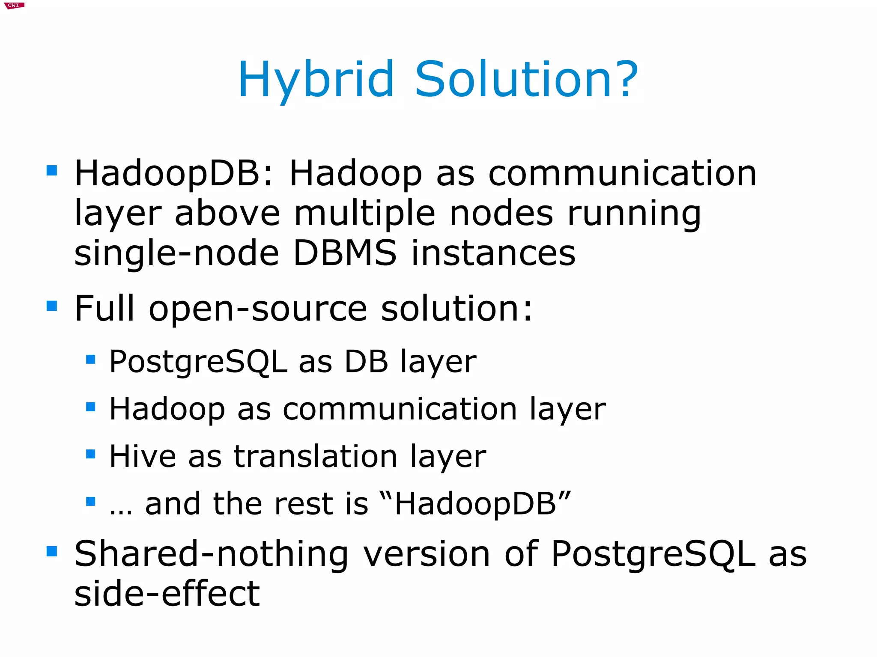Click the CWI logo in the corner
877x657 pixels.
[x=14, y=5]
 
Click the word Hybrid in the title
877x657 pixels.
[x=316, y=80]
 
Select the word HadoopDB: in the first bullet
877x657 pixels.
[x=174, y=174]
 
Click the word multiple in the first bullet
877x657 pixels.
[x=365, y=214]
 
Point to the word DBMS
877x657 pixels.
[x=345, y=253]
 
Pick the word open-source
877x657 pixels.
[x=258, y=309]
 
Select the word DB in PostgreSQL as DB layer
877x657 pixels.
[x=367, y=362]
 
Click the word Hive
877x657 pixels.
[x=143, y=456]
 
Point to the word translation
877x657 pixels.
[x=316, y=456]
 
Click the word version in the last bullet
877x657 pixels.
[x=427, y=554]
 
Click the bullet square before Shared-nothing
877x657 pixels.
[x=52, y=551]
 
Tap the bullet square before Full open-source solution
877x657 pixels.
[x=52, y=306]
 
